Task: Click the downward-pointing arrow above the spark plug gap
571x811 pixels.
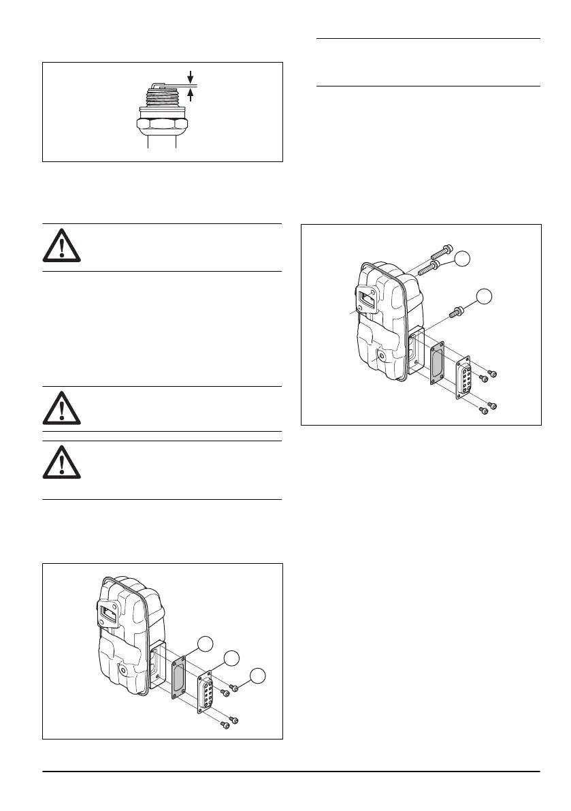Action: pyautogui.click(x=191, y=76)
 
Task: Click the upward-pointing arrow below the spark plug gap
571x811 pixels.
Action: pyautogui.click(x=191, y=96)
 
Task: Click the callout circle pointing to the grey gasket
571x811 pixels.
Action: pyautogui.click(x=203, y=643)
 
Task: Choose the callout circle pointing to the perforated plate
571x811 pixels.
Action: pyautogui.click(x=231, y=658)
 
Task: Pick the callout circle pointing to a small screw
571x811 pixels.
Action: pyautogui.click(x=257, y=675)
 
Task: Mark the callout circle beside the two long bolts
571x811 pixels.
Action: pyautogui.click(x=463, y=257)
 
